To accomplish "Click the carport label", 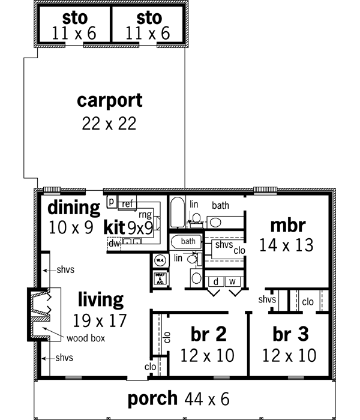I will point(110,100).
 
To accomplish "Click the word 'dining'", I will point(74,208).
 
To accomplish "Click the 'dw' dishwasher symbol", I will point(113,243).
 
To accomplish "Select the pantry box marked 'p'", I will point(112,202).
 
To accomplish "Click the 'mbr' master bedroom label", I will point(288,226).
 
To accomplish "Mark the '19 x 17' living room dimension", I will point(100,320).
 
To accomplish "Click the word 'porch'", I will point(153,398).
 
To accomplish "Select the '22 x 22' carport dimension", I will point(109,124).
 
